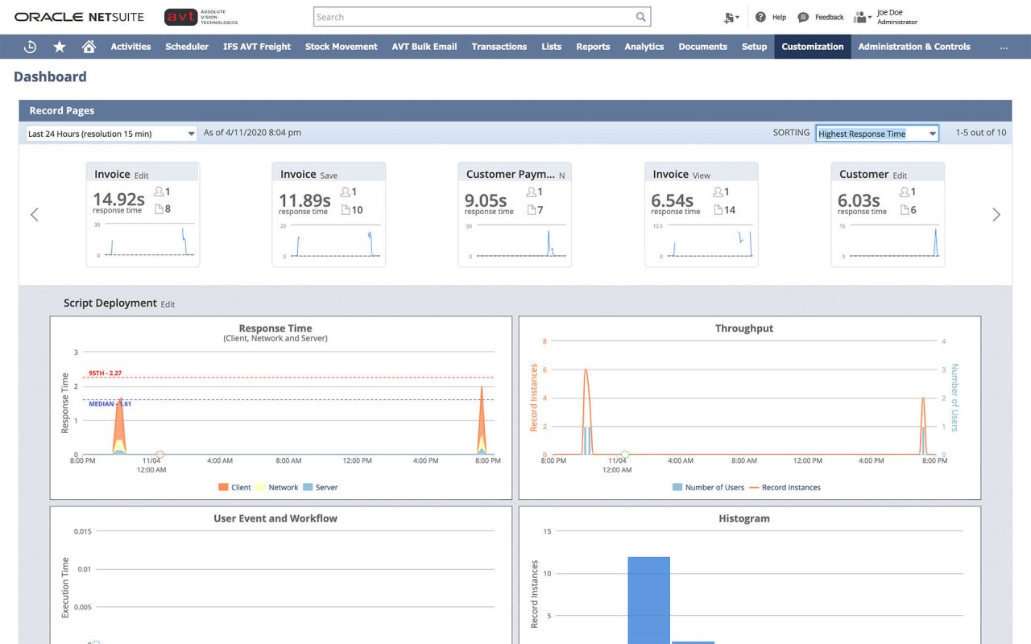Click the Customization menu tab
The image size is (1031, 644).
tap(812, 47)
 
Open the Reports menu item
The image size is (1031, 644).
tap(593, 47)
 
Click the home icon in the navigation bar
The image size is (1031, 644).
tap(89, 47)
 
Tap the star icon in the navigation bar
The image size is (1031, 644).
tap(60, 47)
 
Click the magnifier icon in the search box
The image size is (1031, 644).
tap(640, 17)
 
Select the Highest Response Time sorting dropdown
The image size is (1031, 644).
tap(876, 134)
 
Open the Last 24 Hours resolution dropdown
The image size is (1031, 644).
tap(111, 134)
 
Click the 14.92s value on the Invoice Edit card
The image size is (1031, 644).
tap(118, 199)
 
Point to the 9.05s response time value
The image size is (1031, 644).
tap(486, 200)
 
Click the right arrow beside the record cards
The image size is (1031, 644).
tap(996, 215)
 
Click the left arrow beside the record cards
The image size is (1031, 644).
tap(34, 215)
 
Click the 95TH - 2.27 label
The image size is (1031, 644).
tap(105, 374)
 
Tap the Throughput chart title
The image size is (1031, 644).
tap(743, 328)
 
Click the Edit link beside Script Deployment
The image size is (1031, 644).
tap(168, 304)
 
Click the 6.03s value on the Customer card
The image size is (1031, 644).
tap(859, 200)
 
